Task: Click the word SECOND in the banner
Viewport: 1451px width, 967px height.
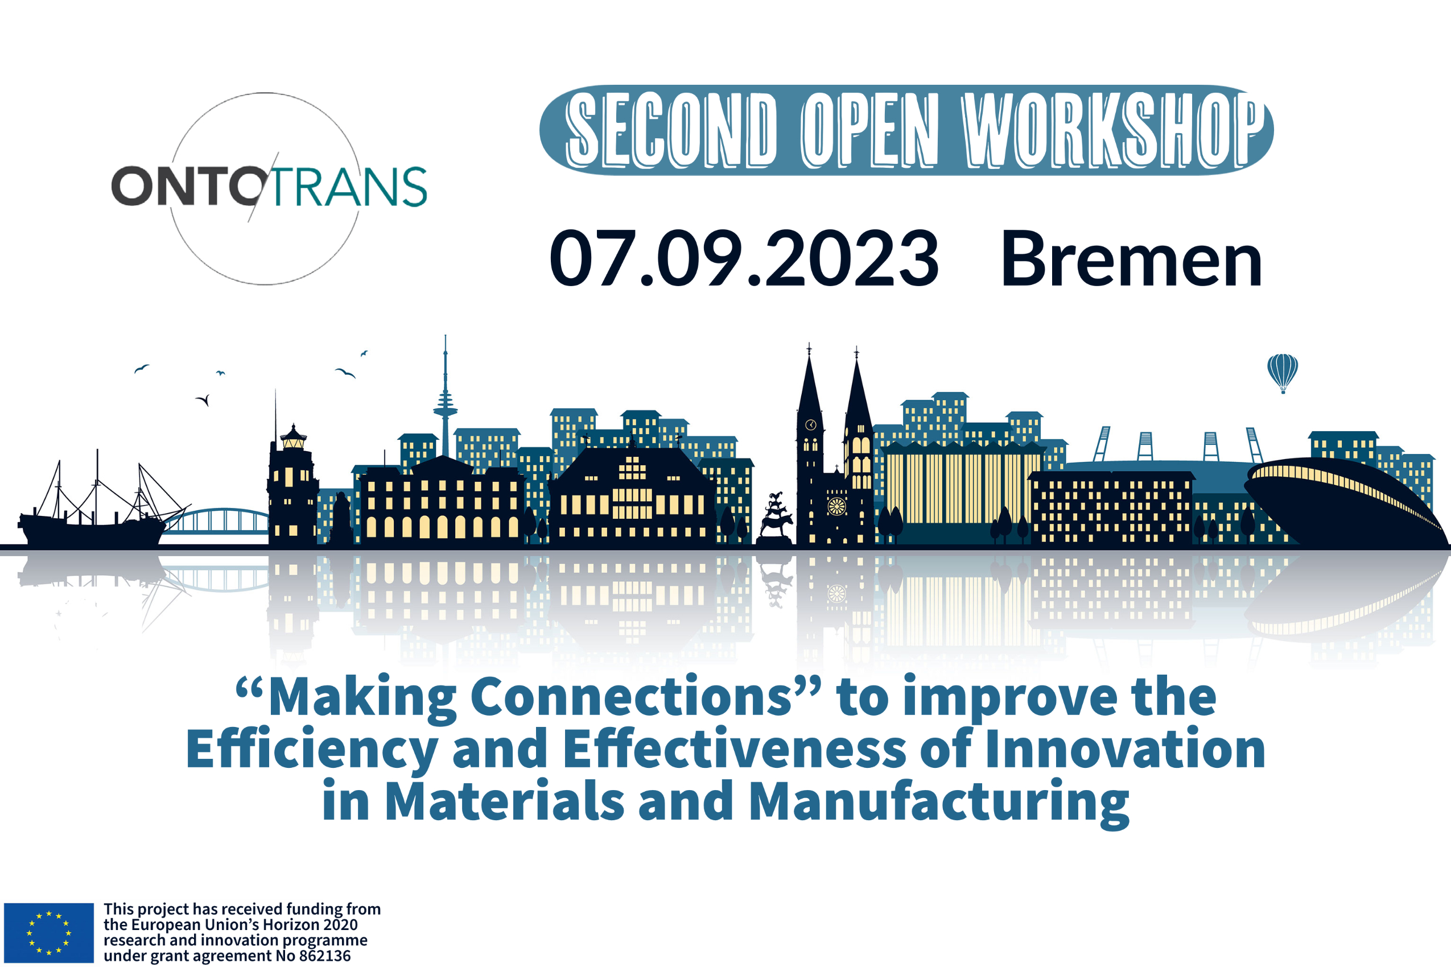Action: [671, 130]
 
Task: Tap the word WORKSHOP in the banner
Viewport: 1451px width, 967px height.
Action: [1114, 130]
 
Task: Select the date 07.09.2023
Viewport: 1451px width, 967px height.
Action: [744, 258]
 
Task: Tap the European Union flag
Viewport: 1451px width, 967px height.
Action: [49, 932]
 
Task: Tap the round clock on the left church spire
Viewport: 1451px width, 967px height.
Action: [811, 425]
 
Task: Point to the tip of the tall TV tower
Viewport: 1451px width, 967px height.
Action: [446, 336]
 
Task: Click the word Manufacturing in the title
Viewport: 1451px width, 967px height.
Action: [938, 801]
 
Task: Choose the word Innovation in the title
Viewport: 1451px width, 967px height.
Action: [1126, 749]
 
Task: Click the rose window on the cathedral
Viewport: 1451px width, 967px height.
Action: [836, 506]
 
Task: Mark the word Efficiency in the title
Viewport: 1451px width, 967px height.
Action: [312, 750]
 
